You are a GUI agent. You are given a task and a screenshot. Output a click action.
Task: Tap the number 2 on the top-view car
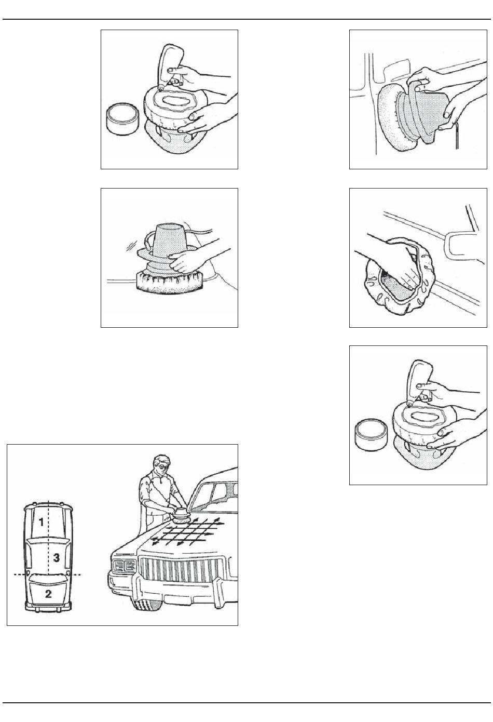point(48,594)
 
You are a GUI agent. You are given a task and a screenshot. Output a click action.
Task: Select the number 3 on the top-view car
point(56,558)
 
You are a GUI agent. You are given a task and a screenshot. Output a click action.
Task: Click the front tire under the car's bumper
point(145,606)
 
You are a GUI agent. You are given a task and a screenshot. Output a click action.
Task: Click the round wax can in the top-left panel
point(122,119)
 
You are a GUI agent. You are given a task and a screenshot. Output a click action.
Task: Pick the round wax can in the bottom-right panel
point(371,435)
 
